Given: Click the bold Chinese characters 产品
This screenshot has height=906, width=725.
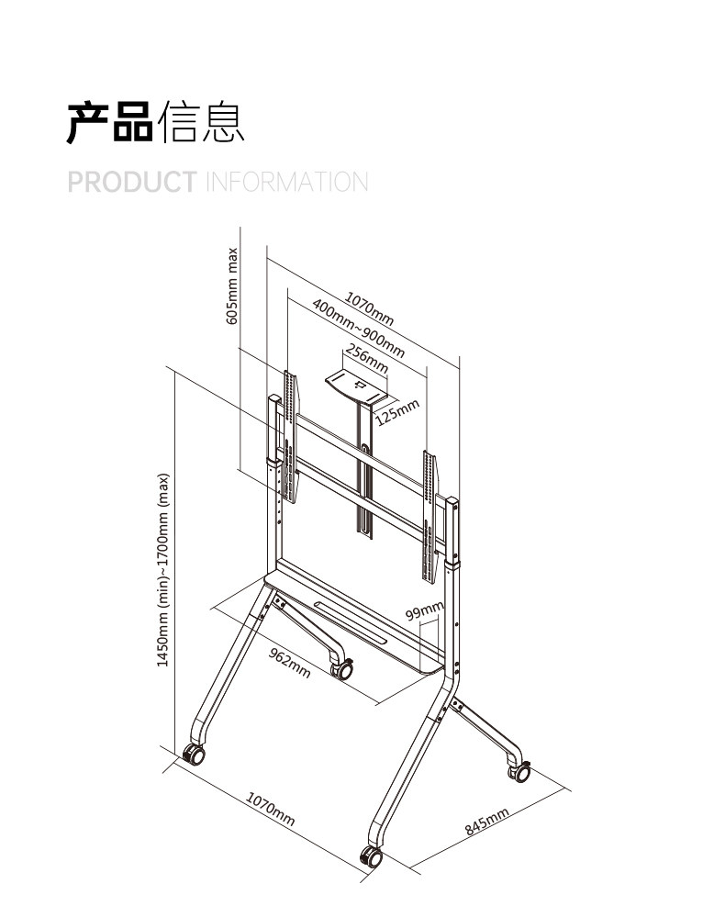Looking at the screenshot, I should point(109,123).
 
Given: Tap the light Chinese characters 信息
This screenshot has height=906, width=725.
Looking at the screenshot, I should point(201,123).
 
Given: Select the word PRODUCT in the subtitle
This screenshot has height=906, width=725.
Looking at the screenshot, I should point(132,181).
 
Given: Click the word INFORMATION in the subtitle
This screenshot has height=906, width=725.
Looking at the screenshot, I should point(285,181).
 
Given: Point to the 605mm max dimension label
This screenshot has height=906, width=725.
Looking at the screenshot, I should point(232,285).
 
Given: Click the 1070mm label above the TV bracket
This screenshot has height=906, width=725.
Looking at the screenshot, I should point(370,308).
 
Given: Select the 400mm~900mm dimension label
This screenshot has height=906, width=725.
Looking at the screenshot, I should point(358,330).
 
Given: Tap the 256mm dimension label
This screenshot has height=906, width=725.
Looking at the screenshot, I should point(367,359).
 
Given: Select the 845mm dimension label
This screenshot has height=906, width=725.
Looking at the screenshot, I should point(486,822).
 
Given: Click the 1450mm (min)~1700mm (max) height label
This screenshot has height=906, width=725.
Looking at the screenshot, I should point(163,570).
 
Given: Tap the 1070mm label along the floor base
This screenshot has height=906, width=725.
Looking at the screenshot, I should point(270,807).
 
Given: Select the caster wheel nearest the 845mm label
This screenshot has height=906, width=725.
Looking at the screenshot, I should point(519,771).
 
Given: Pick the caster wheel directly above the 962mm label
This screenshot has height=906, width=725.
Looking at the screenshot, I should point(343,670).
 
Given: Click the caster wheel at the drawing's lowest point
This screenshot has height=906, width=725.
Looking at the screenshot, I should point(371,857).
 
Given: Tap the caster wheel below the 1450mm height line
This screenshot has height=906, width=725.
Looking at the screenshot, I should point(194,755).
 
